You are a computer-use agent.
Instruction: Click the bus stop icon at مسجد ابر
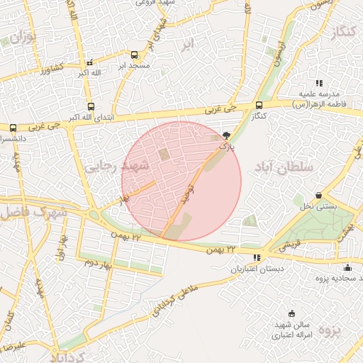(x=135, y=55)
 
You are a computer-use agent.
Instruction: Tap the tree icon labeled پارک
(x=226, y=135)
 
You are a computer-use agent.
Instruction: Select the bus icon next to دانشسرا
(x=13, y=128)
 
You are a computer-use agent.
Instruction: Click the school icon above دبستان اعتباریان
(x=256, y=257)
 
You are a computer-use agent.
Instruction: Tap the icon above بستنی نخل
(x=318, y=195)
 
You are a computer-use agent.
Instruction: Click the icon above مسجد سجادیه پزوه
(x=347, y=267)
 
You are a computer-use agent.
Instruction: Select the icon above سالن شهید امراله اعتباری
(x=291, y=313)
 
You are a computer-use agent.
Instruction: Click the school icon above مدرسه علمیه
(x=318, y=83)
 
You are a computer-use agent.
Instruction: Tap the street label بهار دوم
(x=99, y=262)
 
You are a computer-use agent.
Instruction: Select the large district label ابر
(x=186, y=44)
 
